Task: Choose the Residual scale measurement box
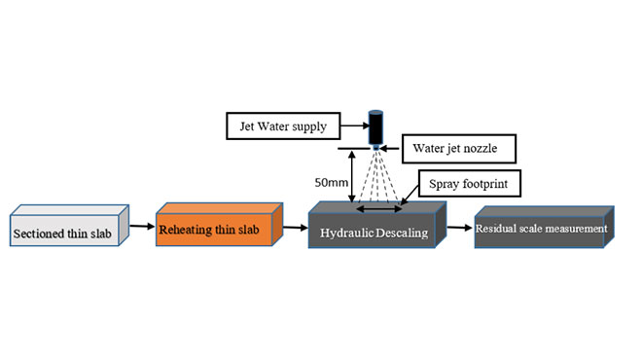541,230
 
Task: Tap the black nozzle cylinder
375,127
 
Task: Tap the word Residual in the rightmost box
498,230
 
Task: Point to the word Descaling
403,234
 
